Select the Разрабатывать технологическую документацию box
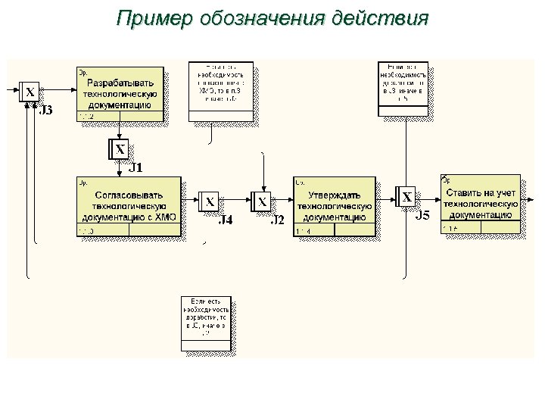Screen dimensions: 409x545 click(121, 93)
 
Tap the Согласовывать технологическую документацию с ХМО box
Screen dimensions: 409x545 click(129, 206)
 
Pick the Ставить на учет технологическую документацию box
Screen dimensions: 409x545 click(481, 203)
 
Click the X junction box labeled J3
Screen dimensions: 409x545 click(30, 92)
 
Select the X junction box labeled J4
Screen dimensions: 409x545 click(210, 201)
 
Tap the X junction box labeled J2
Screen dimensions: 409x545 click(262, 201)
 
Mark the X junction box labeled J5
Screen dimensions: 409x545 click(407, 197)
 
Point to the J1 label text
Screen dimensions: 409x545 click(136, 167)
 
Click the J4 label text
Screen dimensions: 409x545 click(226, 220)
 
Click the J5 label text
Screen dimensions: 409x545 click(424, 216)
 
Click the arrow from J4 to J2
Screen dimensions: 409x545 click(235, 201)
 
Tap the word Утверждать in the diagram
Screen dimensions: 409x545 click(335, 194)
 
